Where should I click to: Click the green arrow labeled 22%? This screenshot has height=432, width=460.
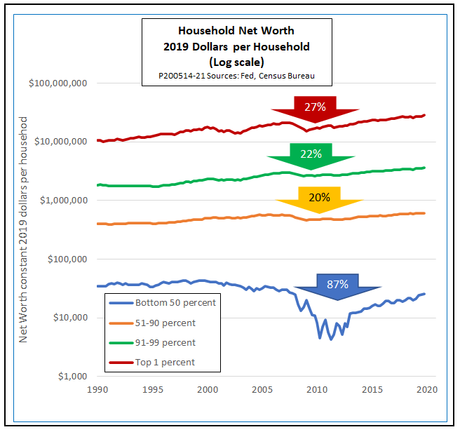(x=311, y=155)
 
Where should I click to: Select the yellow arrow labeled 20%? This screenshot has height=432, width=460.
(x=319, y=198)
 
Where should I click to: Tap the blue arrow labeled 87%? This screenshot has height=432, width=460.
(x=337, y=285)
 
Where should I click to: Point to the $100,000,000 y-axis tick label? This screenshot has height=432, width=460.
(x=57, y=83)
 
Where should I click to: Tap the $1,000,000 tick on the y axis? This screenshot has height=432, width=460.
(x=62, y=201)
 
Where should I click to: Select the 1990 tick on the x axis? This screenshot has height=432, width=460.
(x=97, y=389)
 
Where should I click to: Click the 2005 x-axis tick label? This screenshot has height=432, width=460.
(x=262, y=389)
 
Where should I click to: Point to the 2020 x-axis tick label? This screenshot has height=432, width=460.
(x=426, y=389)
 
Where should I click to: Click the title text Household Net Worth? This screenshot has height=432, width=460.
(x=236, y=32)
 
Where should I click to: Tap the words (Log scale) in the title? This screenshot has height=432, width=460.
(x=236, y=62)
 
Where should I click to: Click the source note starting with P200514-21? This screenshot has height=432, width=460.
(x=236, y=76)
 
